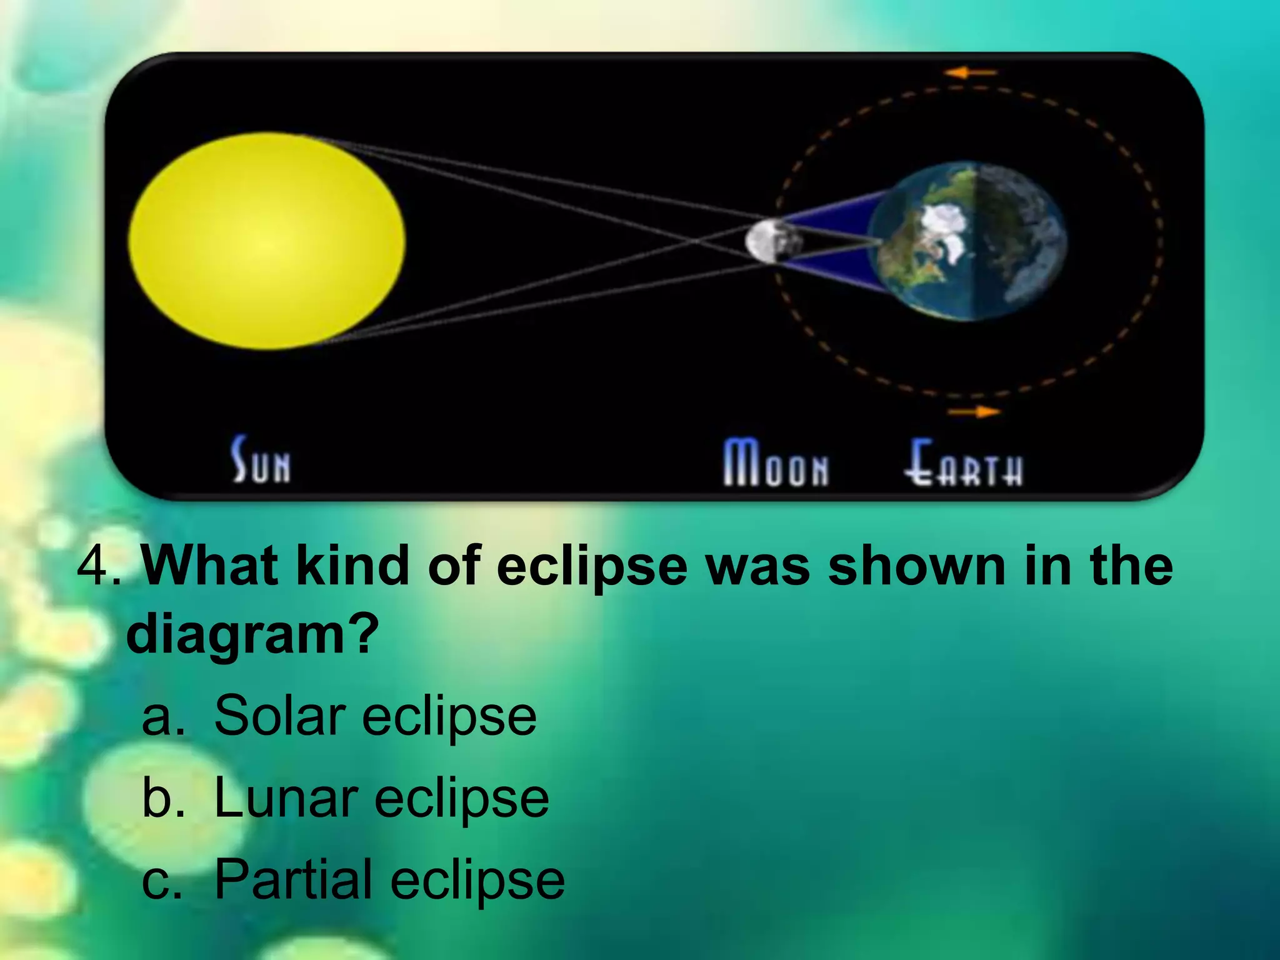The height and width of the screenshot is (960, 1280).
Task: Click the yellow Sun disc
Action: [267, 241]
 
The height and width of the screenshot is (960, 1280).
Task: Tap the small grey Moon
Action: [773, 241]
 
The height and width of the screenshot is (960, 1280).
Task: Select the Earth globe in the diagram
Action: [967, 241]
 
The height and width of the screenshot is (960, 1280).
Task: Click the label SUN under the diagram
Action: [261, 461]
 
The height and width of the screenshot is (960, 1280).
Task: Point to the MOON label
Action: [776, 464]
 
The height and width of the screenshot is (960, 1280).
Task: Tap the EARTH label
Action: [963, 464]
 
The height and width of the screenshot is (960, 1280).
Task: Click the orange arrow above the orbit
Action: [970, 73]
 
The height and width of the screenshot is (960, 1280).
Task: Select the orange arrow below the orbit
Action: [974, 412]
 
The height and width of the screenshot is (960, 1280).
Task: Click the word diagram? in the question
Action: [252, 634]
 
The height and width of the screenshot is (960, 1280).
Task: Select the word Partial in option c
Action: [292, 879]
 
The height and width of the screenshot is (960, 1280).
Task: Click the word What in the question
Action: [210, 566]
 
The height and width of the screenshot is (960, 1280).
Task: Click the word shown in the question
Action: [917, 566]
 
